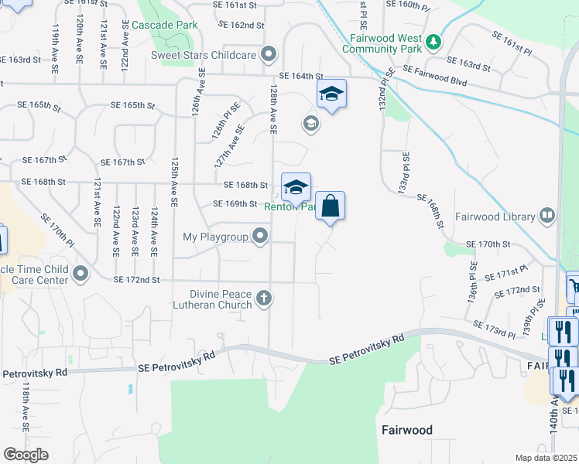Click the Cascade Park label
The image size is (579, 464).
tap(164, 25)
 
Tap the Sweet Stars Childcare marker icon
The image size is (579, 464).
tap(269, 54)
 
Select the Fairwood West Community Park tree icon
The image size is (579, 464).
tap(435, 40)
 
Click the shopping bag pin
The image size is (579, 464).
tap(330, 206)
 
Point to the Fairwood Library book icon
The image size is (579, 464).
tap(546, 215)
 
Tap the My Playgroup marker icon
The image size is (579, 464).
tap(261, 236)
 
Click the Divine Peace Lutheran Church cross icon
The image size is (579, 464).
tap(264, 298)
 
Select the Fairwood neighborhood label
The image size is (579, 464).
tap(406, 429)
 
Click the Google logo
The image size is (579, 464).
tap(26, 455)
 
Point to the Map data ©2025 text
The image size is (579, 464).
tap(546, 458)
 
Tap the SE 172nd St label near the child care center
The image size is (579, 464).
tap(136, 279)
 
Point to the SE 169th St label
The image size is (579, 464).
tap(235, 204)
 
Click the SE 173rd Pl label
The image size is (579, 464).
tap(494, 329)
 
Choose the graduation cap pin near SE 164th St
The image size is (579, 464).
tap(331, 95)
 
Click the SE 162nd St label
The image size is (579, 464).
tap(236, 26)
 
